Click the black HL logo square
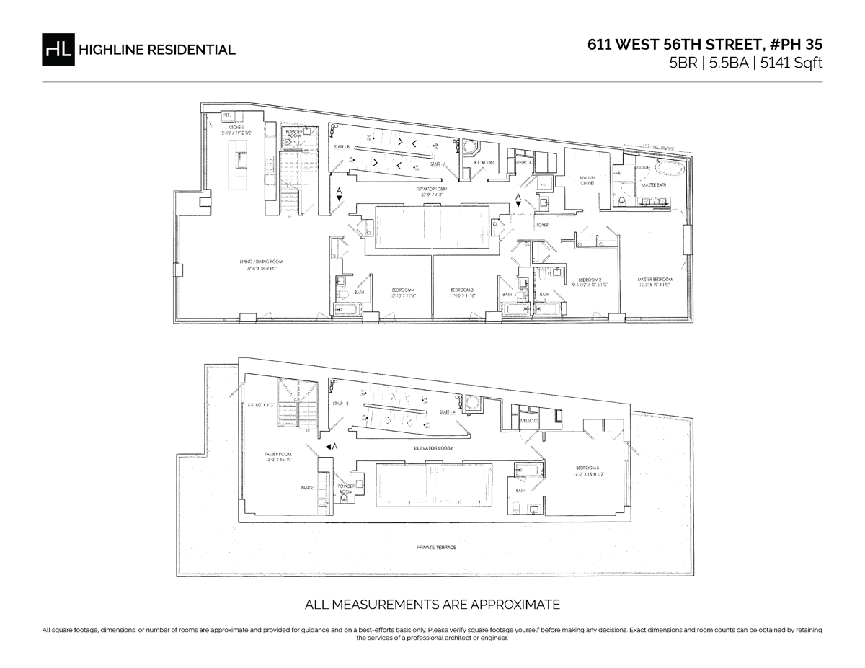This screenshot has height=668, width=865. [x=58, y=50]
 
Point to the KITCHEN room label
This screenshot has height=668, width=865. [x=236, y=128]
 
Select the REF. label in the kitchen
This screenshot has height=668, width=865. [x=227, y=115]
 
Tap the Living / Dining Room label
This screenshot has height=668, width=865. [x=259, y=262]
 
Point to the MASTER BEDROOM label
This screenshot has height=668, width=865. [x=655, y=280]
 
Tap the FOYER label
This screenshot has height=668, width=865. [x=542, y=225]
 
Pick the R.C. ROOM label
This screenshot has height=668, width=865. [x=482, y=163]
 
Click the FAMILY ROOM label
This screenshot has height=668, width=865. [x=276, y=454]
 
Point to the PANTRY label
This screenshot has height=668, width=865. [x=309, y=488]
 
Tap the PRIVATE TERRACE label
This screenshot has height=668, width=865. [x=436, y=548]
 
